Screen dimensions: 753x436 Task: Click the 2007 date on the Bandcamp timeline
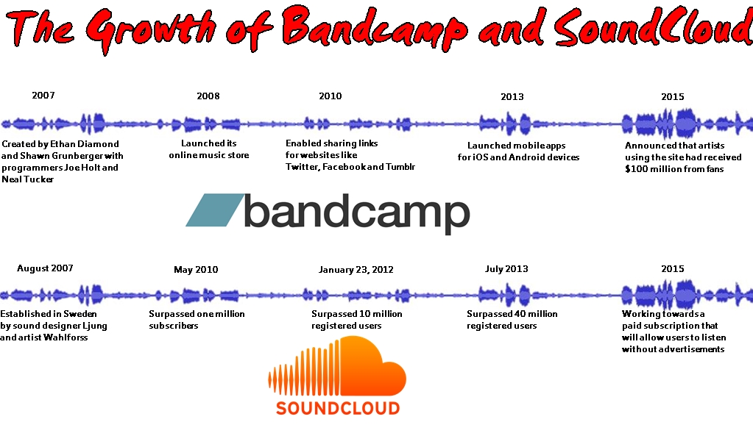point(43,96)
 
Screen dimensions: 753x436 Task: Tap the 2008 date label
point(208,96)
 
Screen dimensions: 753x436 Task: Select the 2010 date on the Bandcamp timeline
point(330,96)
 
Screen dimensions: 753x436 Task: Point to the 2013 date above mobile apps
point(512,97)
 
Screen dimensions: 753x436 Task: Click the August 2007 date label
point(45,268)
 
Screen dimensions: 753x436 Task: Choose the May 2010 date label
point(196,270)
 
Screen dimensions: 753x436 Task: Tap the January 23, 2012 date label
point(356,270)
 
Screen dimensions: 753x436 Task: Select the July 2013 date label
point(506,269)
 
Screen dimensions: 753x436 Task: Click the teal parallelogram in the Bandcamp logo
point(215,210)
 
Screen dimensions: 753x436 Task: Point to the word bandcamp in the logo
point(357,213)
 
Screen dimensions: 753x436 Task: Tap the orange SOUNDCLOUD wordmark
point(338,408)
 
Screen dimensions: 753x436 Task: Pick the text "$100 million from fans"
point(674,169)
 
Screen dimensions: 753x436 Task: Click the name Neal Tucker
point(28,179)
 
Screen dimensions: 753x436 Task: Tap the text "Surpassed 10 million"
point(357,314)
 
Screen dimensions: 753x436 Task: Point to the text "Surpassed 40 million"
point(512,314)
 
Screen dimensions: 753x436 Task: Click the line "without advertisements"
point(673,349)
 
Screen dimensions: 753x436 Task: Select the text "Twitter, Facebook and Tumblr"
point(350,167)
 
